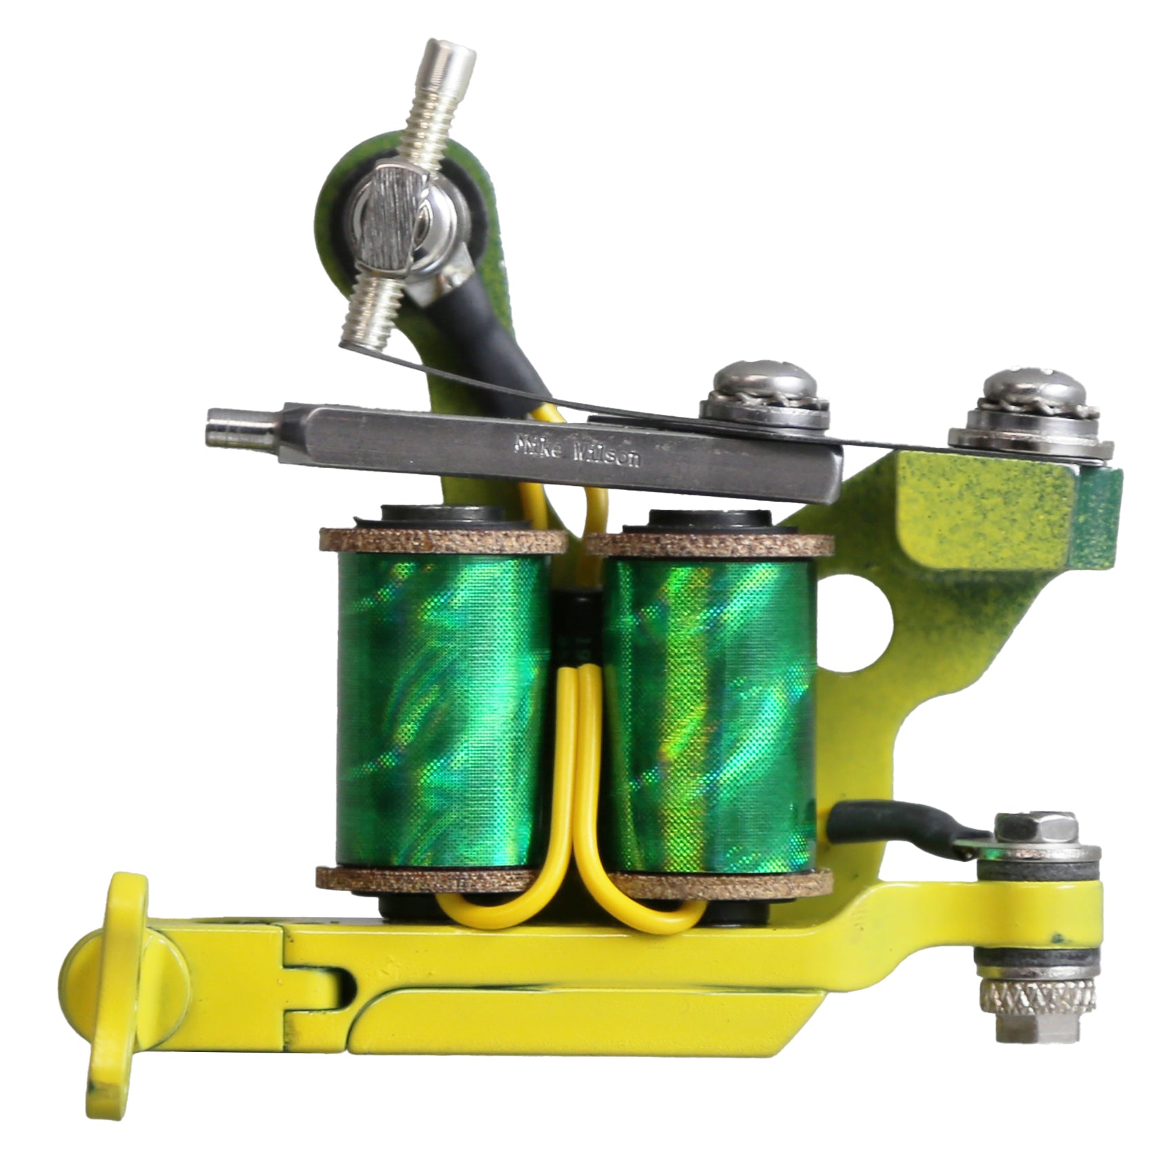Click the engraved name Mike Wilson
pos(577,451)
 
